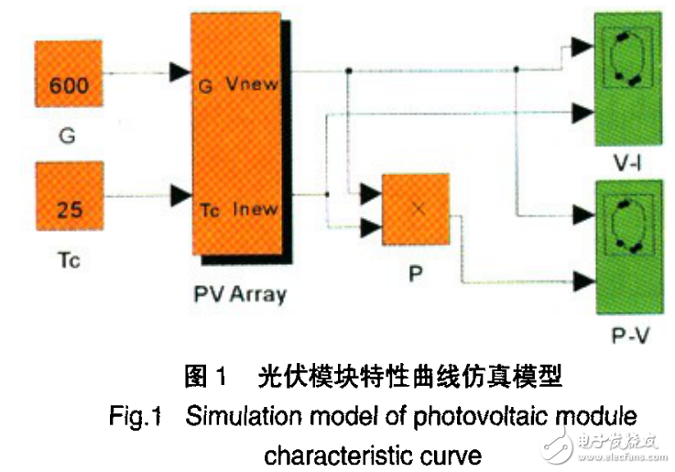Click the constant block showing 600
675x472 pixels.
[x=69, y=85]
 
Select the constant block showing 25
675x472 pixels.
[x=69, y=208]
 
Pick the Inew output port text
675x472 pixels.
[x=256, y=209]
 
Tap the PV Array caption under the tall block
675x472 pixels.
[x=240, y=294]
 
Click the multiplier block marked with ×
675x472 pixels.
[x=417, y=209]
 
